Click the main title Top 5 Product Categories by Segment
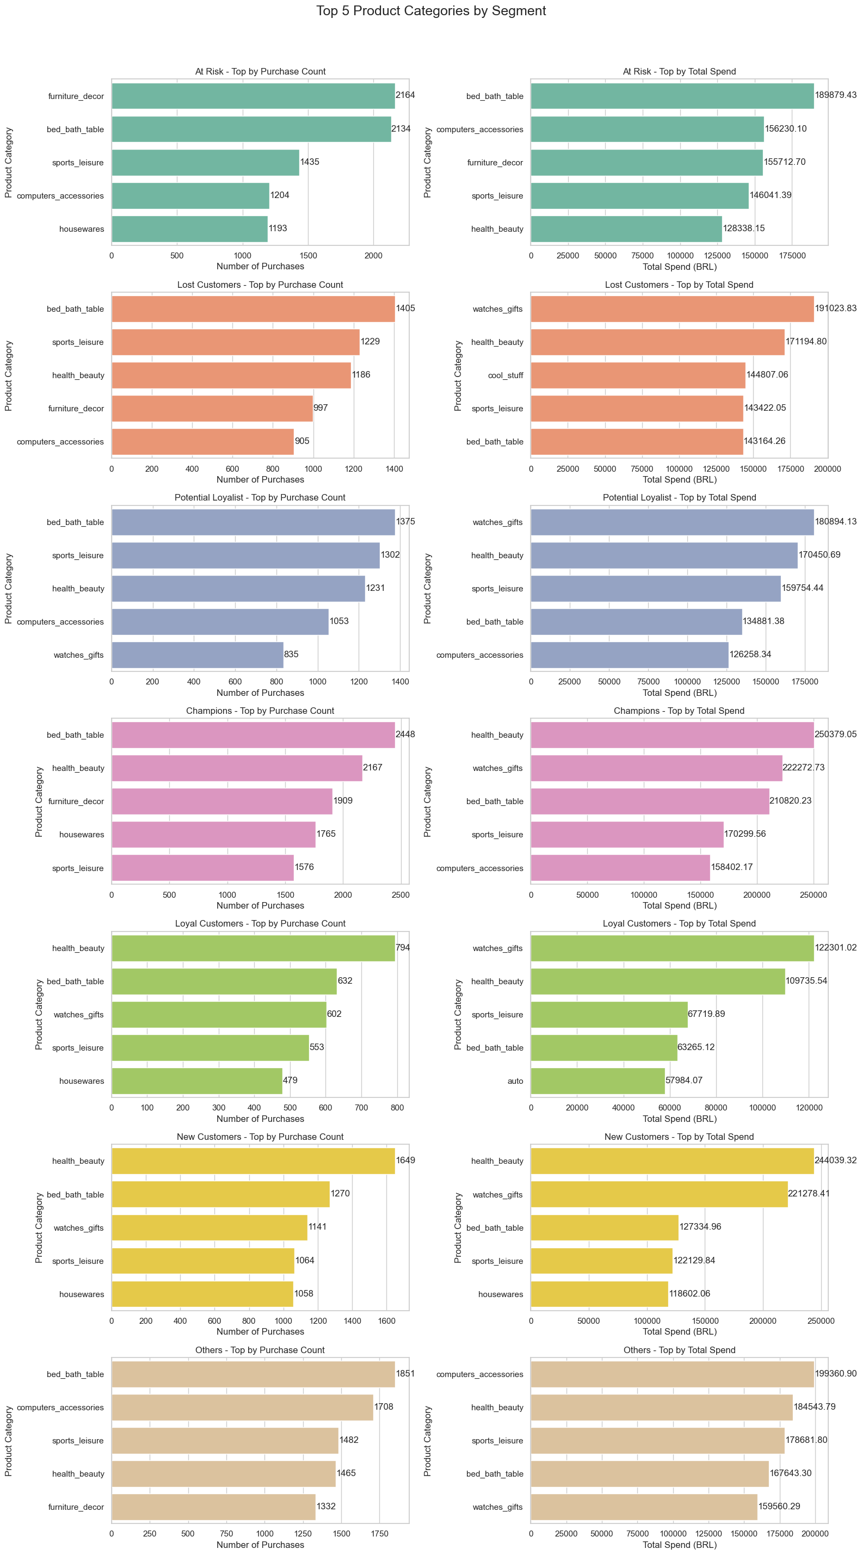tap(431, 11)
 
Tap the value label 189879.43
tap(835, 95)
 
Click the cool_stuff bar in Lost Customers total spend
tap(637, 375)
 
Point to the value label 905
tap(302, 441)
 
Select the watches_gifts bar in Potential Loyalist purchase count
tap(198, 655)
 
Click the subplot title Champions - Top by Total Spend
tap(679, 711)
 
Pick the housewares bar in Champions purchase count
tap(213, 834)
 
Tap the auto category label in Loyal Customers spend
tap(515, 1081)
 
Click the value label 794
tap(403, 947)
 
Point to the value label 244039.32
tap(835, 1159)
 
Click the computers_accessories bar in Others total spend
tap(672, 1374)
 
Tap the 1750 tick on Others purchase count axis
tap(380, 1533)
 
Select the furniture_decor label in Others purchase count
tap(76, 1507)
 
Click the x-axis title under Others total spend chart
tap(679, 1545)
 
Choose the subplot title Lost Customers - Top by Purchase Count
tap(260, 285)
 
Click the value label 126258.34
tap(750, 654)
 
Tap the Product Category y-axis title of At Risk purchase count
tap(9, 162)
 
